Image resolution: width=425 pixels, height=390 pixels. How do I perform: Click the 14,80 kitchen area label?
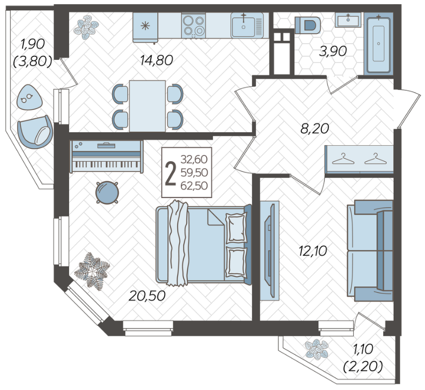[156, 60]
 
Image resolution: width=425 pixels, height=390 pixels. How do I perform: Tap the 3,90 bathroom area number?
[333, 51]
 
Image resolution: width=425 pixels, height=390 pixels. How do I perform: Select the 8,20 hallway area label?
[314, 128]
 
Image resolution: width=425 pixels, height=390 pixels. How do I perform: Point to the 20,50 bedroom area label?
[147, 295]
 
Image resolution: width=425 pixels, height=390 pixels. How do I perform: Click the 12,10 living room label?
[313, 251]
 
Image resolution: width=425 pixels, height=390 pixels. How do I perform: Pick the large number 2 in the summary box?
[170, 173]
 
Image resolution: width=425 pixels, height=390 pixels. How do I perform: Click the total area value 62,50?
[194, 186]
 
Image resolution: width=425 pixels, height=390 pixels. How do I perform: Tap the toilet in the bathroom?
[308, 25]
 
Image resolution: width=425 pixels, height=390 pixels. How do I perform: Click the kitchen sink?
[247, 25]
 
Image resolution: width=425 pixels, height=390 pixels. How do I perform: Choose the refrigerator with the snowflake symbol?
[145, 27]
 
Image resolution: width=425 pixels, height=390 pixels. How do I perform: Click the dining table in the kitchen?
[148, 106]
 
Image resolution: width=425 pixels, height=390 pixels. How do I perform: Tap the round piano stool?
[107, 193]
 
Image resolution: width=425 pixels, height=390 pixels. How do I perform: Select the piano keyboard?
[106, 157]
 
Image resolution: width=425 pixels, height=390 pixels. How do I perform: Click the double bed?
[203, 244]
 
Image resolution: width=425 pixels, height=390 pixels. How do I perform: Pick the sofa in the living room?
[370, 251]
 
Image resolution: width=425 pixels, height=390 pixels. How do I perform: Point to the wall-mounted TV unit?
[270, 251]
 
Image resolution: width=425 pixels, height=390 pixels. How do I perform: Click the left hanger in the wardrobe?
[343, 159]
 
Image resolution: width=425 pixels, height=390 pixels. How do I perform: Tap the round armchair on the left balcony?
[35, 132]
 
